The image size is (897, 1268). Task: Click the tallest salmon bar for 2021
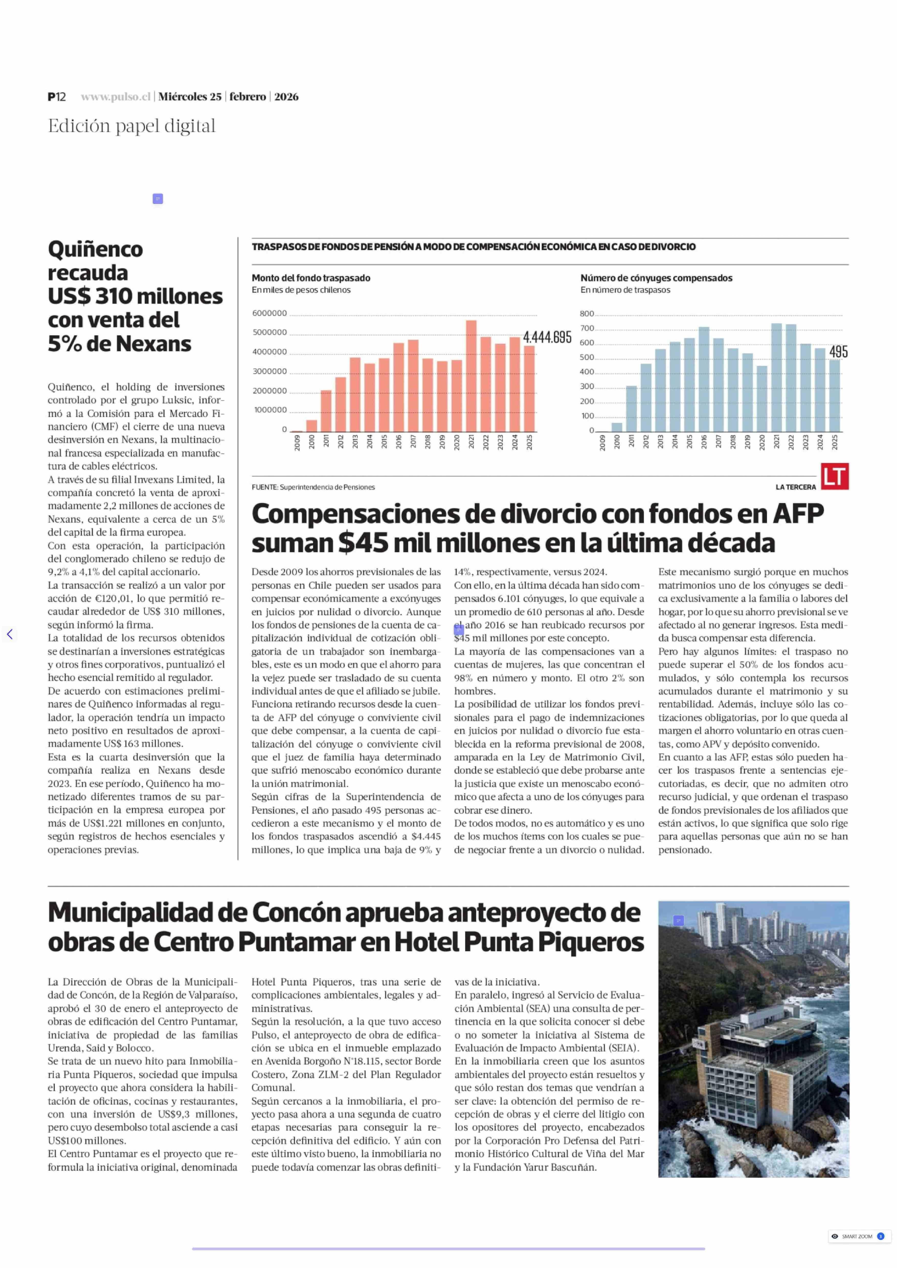pos(471,376)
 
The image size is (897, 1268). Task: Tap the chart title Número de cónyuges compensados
pos(656,278)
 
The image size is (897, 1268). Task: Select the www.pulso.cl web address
pos(115,97)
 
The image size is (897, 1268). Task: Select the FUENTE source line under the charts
pos(313,487)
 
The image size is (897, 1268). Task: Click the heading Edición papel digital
pos(131,126)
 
